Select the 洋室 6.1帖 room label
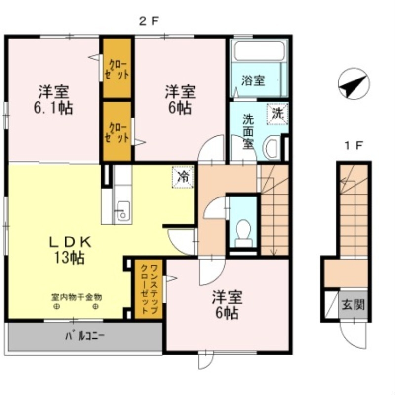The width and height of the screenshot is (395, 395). point(53,100)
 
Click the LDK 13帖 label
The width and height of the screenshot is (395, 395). point(69,249)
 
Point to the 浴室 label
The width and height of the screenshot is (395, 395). point(253,80)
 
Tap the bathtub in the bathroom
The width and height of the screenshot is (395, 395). point(259,51)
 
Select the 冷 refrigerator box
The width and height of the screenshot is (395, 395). point(183,177)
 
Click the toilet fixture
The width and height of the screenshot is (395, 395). point(243,232)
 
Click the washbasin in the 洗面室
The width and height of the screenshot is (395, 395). point(271,148)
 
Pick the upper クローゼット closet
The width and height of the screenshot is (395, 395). point(118,69)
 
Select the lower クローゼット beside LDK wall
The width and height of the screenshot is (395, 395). point(118,131)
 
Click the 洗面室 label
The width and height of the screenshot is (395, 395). point(248,131)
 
